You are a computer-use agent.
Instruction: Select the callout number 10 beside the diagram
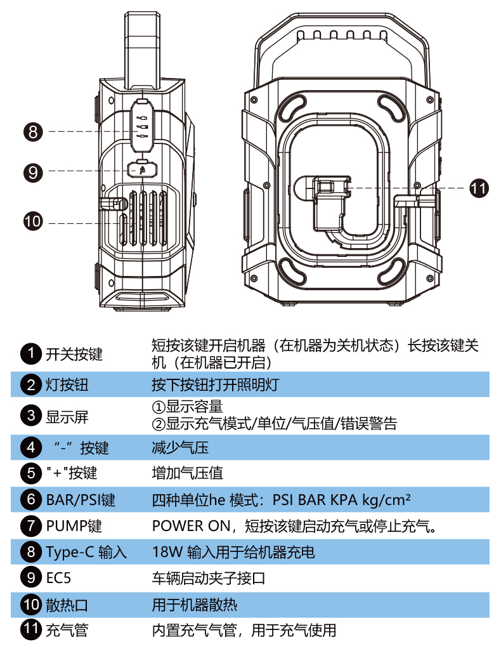32,221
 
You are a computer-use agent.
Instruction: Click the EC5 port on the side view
143,169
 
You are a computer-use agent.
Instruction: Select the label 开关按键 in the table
73,354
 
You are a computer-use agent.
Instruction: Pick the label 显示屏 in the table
66,417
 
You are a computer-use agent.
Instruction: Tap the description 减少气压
180,448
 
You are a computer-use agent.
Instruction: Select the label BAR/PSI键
80,500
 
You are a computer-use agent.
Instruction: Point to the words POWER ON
186,526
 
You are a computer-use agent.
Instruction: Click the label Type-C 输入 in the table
86,552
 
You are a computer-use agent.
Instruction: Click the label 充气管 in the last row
66,630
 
